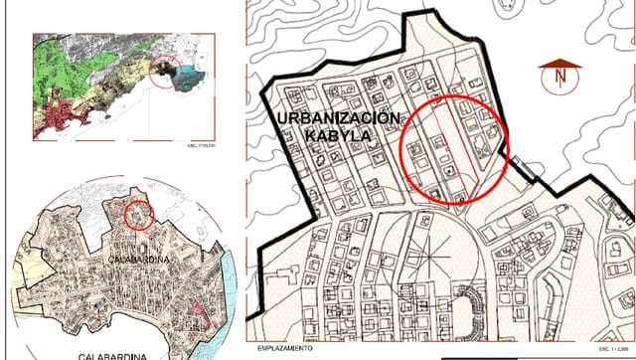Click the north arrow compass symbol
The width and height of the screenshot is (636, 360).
pyautogui.click(x=559, y=74)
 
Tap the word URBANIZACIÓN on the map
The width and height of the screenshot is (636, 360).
pyautogui.click(x=337, y=118)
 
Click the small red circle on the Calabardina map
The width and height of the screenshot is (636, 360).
pyautogui.click(x=139, y=214)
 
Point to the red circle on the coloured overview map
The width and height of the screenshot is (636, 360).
pyautogui.click(x=166, y=73)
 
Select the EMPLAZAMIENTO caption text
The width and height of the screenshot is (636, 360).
pyautogui.click(x=286, y=349)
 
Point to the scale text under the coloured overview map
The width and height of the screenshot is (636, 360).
pyautogui.click(x=202, y=146)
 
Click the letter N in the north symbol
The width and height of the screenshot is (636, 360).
pyautogui.click(x=559, y=76)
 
